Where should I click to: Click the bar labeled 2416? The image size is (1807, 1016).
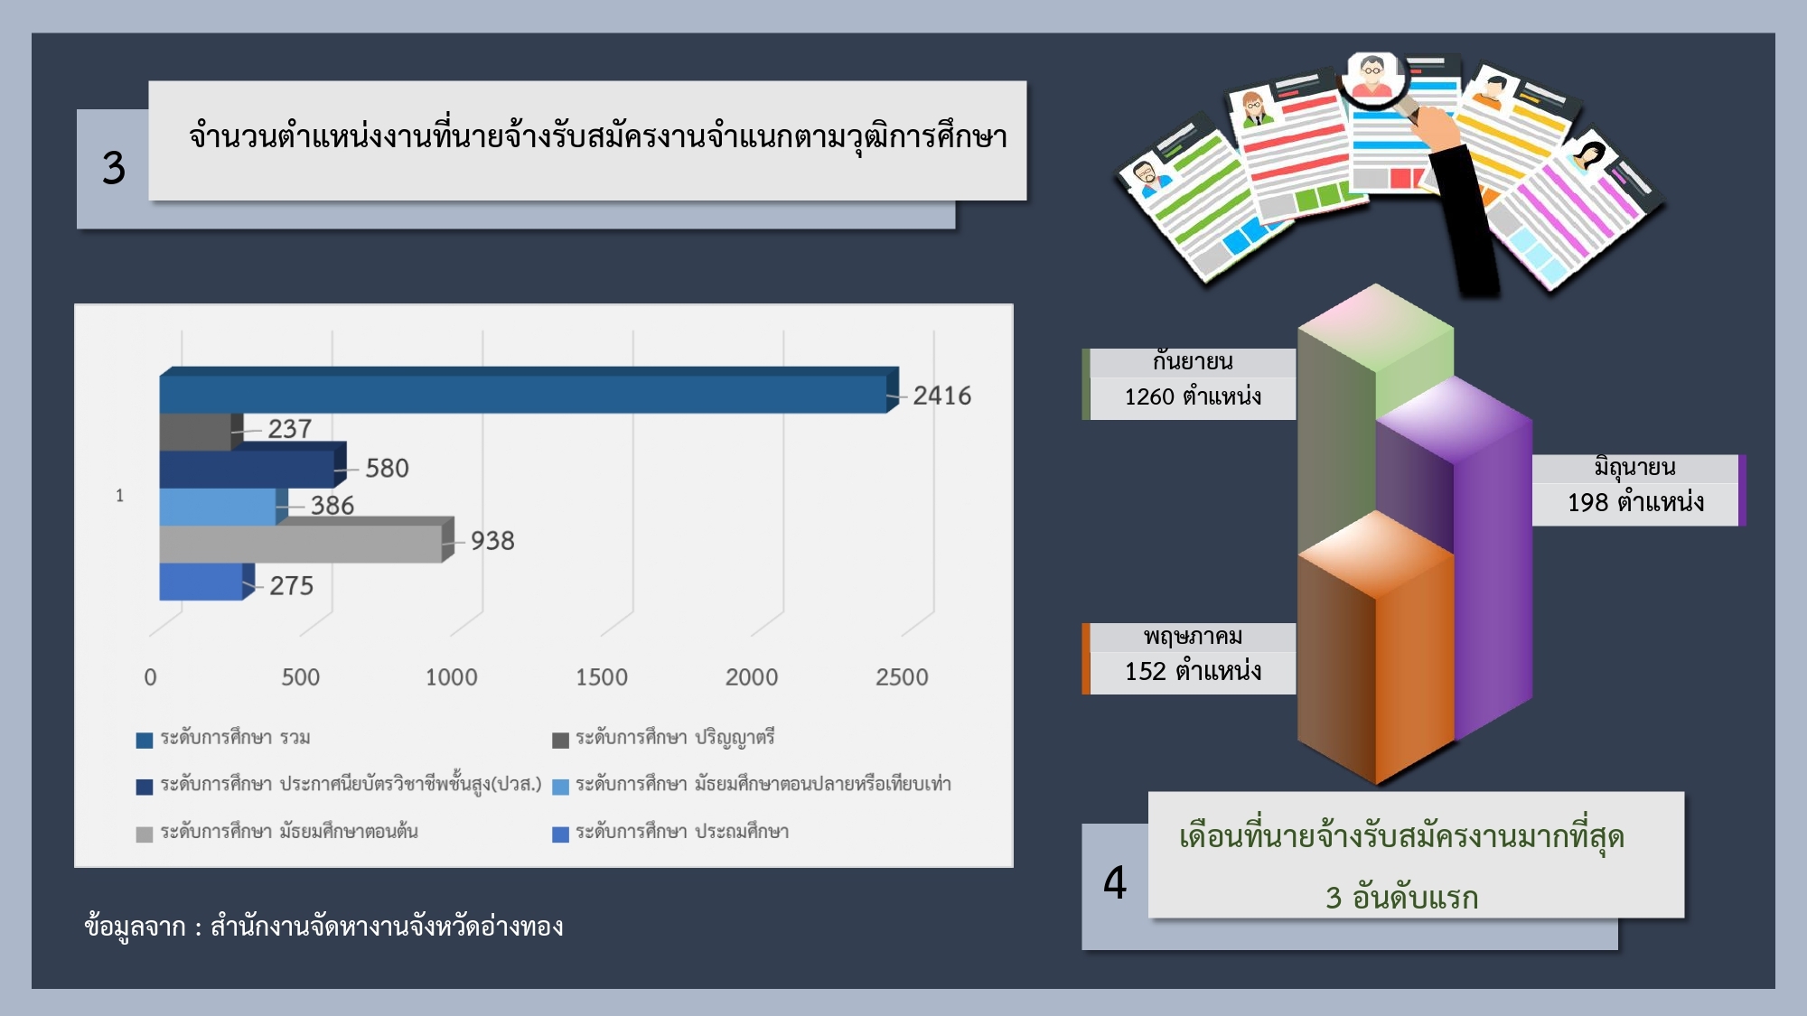(529, 390)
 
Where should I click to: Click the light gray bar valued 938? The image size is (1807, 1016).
(306, 540)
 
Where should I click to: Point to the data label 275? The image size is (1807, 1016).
(291, 586)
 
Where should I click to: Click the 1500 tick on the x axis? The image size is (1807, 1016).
(602, 677)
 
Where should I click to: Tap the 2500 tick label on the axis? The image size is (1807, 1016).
(902, 677)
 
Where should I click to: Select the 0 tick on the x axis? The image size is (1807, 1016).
(150, 677)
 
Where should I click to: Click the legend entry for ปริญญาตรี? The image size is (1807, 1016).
(664, 739)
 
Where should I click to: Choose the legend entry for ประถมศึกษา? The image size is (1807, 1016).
(670, 833)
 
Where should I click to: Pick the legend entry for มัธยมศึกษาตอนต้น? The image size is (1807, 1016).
(277, 833)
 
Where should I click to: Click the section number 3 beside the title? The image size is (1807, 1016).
(114, 168)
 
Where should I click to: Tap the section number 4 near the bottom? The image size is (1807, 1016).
(1115, 883)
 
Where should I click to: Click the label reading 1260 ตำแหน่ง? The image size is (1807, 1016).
(1193, 397)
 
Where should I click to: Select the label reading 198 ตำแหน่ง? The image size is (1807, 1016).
(1635, 503)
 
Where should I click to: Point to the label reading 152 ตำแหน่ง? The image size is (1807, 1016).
(1193, 672)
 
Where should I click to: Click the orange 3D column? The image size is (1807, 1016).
(1375, 648)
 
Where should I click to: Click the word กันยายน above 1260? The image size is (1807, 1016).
(1193, 362)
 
